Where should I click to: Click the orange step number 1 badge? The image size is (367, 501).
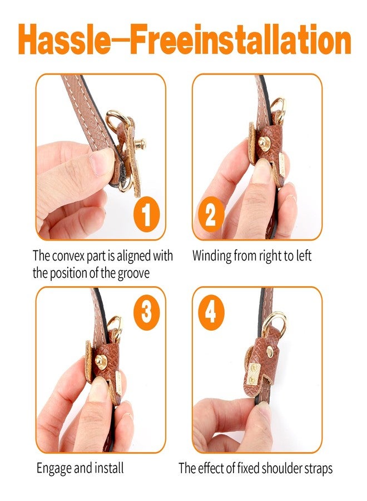coord(146,214)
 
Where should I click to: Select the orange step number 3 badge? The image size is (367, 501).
coord(146,312)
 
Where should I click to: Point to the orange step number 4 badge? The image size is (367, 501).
coord(211,312)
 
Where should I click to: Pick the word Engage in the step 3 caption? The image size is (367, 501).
coord(54,469)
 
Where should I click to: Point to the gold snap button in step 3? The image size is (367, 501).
coord(101,362)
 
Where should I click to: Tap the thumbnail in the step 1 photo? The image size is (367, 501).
coord(102,163)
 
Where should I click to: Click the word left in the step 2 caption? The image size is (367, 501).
coord(304,256)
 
